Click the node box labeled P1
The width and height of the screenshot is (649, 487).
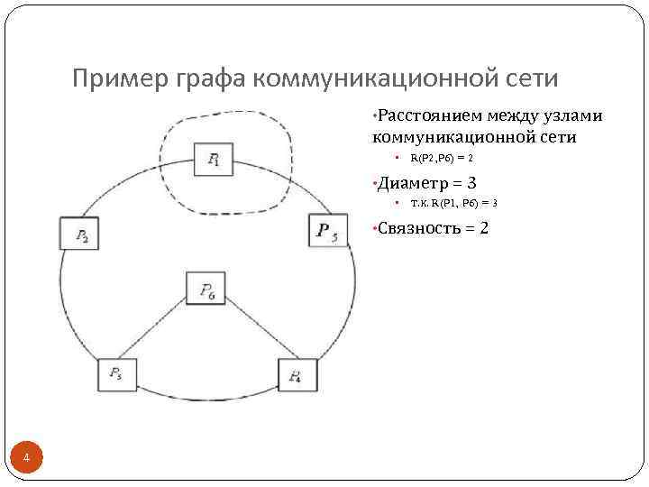click(214, 160)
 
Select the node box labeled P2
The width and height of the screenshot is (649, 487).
click(80, 234)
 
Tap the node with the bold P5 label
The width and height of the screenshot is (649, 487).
click(327, 230)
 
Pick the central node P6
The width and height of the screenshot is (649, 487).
click(206, 289)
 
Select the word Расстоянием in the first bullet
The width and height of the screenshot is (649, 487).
click(430, 115)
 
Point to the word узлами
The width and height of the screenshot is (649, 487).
click(580, 115)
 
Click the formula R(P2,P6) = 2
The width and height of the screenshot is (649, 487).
click(442, 158)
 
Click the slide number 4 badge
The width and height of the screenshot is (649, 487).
click(27, 459)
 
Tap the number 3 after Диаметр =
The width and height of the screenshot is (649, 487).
click(471, 182)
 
